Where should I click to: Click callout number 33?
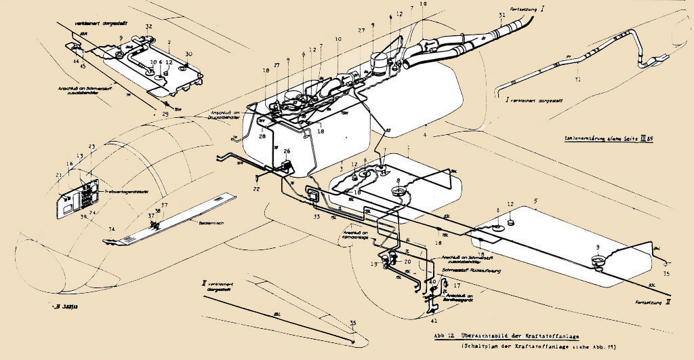317,217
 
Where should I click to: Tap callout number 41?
434,319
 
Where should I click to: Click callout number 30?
189,54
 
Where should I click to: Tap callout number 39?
83,216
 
